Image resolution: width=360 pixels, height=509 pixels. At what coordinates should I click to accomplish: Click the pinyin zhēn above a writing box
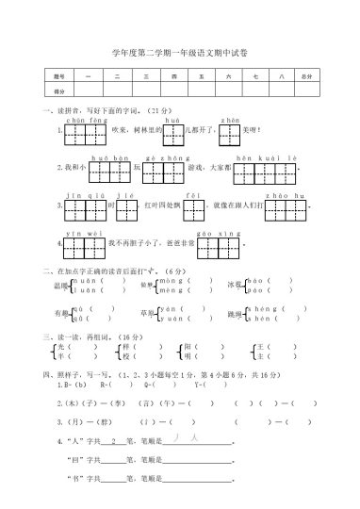point(230,121)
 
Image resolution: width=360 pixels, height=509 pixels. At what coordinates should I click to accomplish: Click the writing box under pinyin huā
point(173,130)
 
